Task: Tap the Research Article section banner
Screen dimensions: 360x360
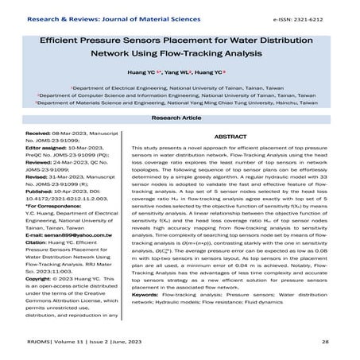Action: pos(180,117)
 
